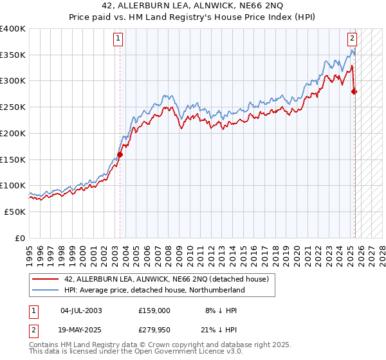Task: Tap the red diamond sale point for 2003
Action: click(120, 154)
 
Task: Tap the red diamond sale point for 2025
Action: click(354, 91)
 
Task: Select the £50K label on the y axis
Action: click(15, 212)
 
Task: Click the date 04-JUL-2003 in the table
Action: click(81, 310)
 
